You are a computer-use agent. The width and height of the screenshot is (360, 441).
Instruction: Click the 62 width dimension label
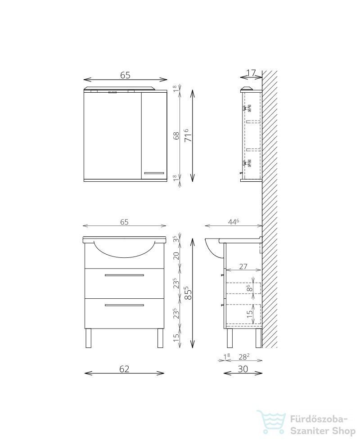pos(124,369)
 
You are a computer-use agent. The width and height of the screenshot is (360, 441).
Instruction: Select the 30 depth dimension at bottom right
pos(243,369)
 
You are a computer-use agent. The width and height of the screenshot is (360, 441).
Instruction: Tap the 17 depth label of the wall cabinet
pos(251,73)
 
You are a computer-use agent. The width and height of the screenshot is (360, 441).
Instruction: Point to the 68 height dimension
pos(176,136)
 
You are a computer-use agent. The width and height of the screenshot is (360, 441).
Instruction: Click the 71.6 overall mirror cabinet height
pos(189,135)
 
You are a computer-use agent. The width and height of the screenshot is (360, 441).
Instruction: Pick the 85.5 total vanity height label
pos(189,293)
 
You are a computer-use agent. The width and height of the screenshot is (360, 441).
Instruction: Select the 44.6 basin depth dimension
pos(234,221)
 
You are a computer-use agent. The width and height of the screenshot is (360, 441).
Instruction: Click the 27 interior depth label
pos(243,266)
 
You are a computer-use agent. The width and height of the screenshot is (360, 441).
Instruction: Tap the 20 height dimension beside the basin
pos(176,256)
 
